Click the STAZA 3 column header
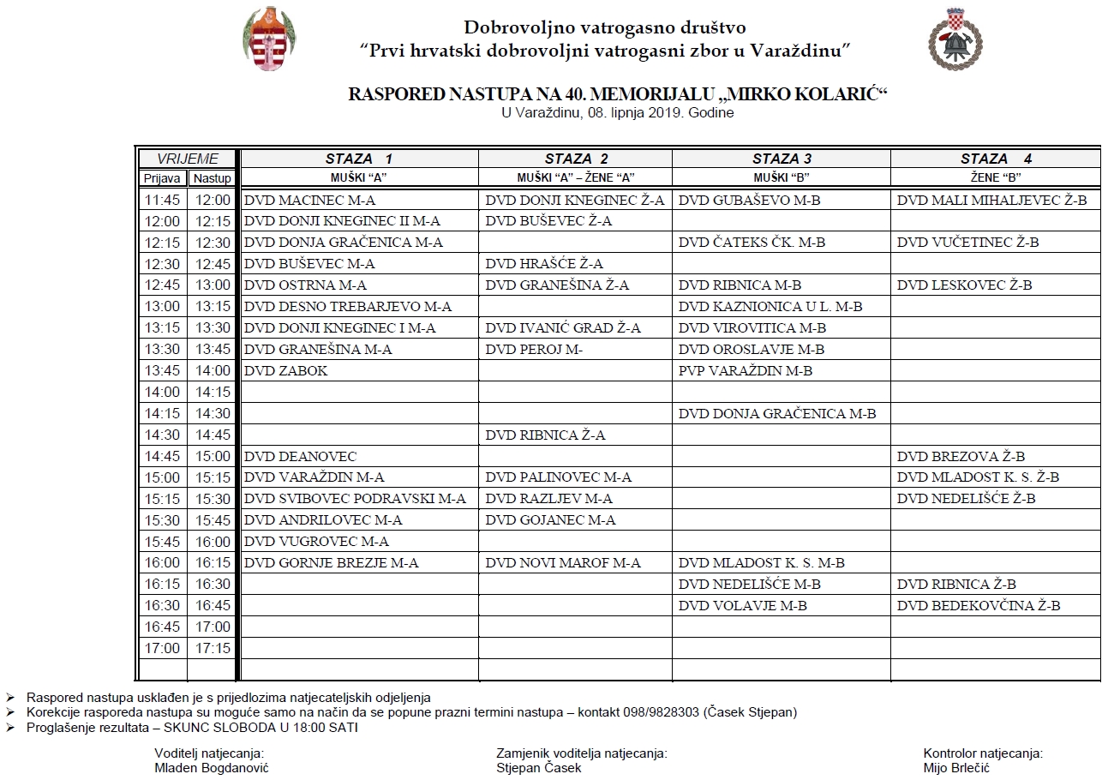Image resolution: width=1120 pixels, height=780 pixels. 782,159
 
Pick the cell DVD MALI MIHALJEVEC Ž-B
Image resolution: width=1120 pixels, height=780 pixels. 991,200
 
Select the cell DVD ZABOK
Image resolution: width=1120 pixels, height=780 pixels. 286,371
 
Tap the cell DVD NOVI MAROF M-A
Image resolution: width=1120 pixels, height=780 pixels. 563,563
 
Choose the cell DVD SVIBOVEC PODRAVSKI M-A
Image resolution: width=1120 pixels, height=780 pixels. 355,499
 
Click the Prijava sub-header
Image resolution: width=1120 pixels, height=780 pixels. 162,178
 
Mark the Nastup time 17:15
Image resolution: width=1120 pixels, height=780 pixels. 213,648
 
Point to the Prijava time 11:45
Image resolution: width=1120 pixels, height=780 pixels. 162,200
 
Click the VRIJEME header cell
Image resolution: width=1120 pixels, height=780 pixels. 187,159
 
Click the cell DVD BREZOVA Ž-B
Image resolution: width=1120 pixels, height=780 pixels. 961,457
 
